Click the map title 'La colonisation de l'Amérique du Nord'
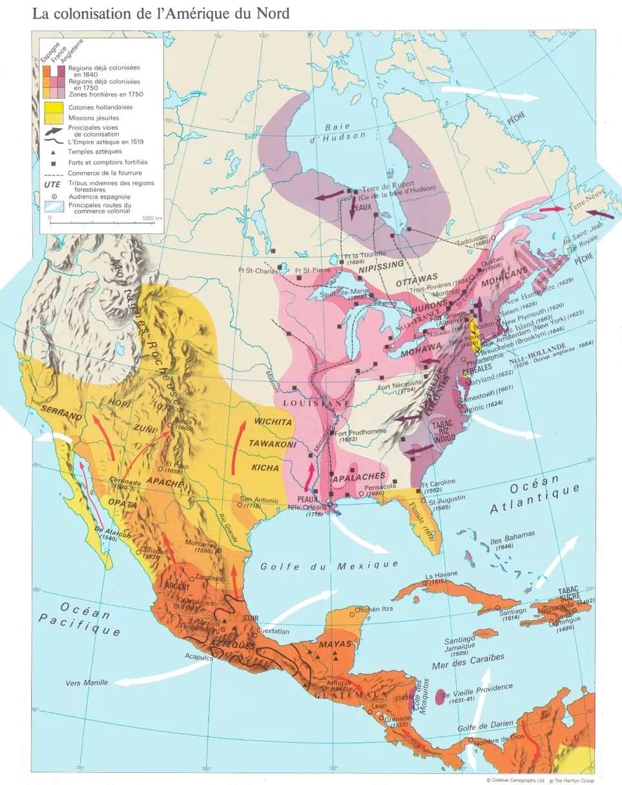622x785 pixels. pyautogui.click(x=161, y=14)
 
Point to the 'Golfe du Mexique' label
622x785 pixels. pyautogui.click(x=329, y=566)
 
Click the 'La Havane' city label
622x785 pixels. pyautogui.click(x=441, y=574)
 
